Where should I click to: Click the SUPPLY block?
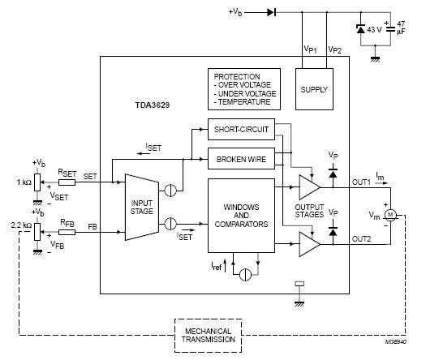pos(314,89)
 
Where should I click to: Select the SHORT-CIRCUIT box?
pos(241,129)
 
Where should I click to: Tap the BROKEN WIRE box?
pos(241,159)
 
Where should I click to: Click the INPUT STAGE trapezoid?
pos(141,207)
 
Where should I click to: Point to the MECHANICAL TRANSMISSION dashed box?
pos(208,336)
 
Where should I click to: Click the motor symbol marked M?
pos(390,215)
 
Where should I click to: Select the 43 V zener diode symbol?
pos(361,28)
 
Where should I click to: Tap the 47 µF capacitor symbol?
pos(390,29)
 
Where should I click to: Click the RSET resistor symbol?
pos(67,182)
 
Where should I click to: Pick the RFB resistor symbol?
pos(67,232)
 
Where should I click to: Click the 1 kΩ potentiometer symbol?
pos(37,182)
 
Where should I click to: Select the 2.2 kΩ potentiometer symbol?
pos(37,232)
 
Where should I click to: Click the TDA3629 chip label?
pos(153,105)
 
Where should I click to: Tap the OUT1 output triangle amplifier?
pos(309,187)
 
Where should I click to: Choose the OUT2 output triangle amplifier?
pos(309,244)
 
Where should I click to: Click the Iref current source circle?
pos(245,275)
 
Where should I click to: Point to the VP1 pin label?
pos(310,49)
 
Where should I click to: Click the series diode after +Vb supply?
pos(272,12)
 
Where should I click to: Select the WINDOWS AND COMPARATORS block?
pos(241,216)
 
